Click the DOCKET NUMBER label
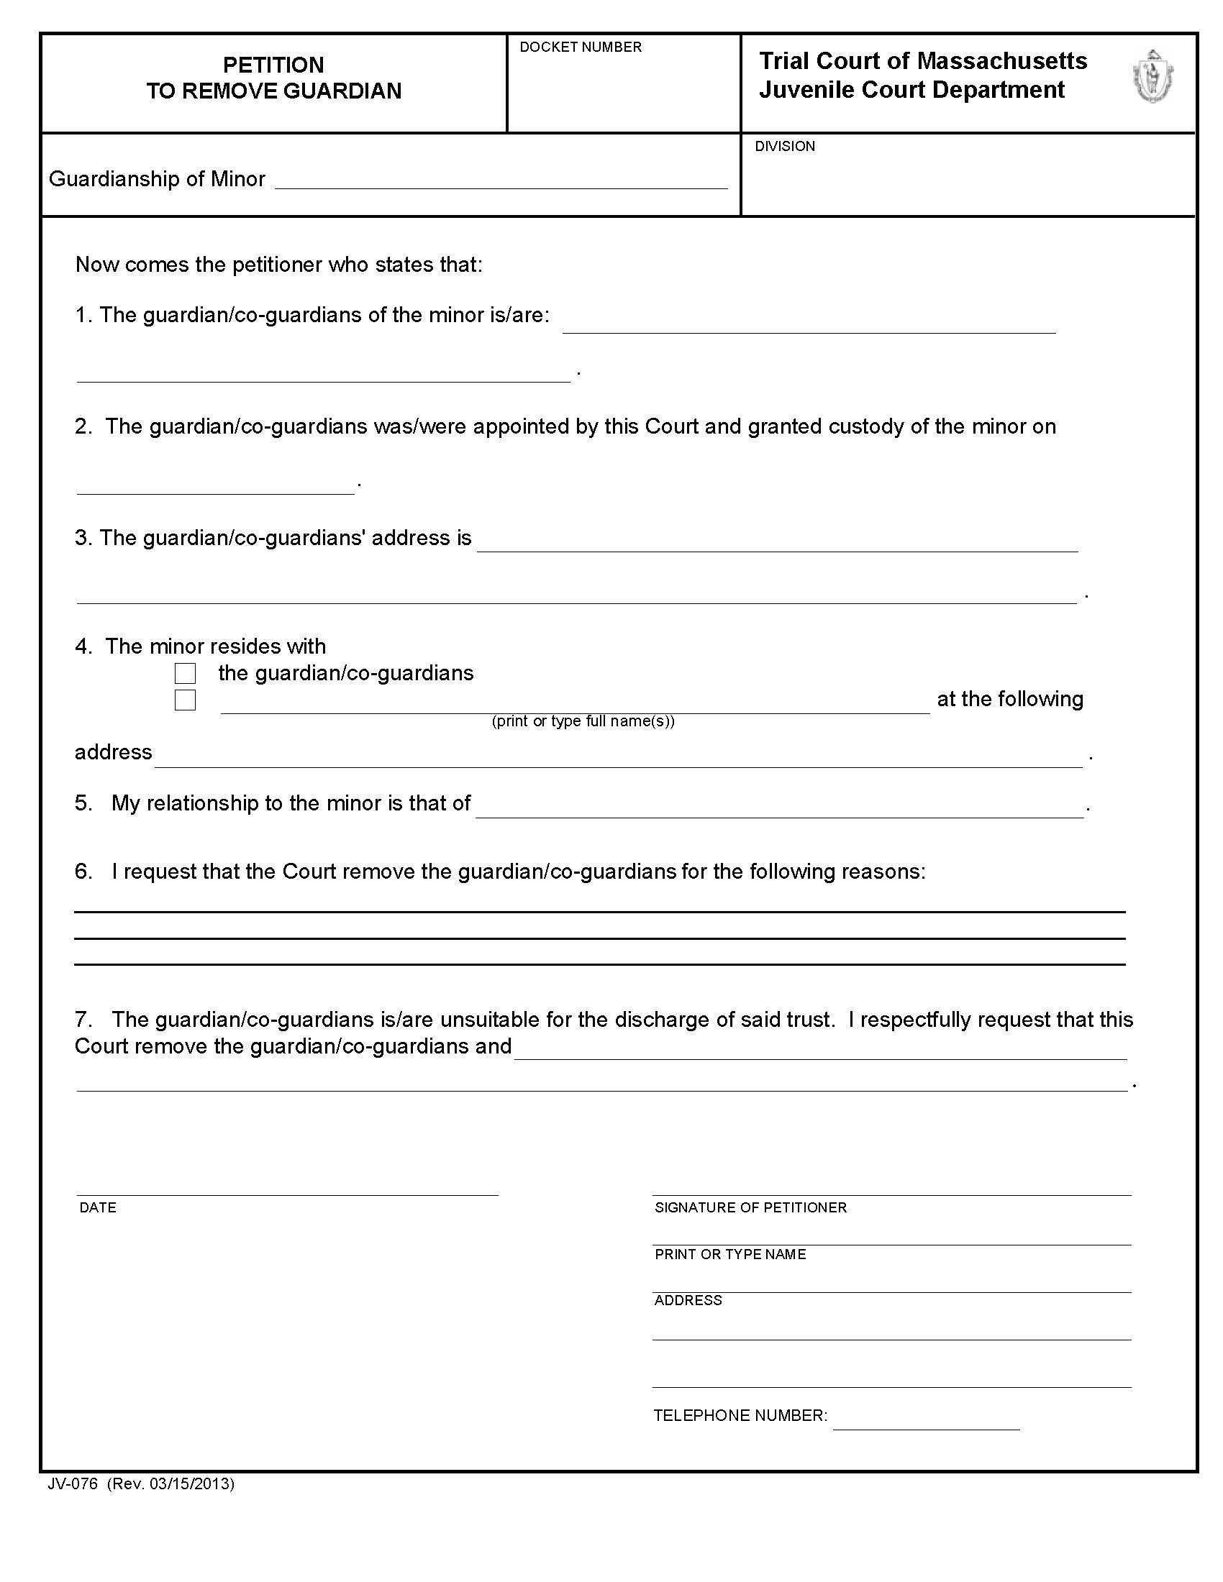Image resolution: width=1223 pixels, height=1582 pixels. click(x=581, y=47)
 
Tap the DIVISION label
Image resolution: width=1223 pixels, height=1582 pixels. click(x=785, y=146)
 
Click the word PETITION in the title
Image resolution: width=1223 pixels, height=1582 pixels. click(x=273, y=65)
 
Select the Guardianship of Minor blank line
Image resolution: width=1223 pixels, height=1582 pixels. click(x=501, y=181)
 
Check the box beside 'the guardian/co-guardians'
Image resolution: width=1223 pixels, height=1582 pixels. click(x=186, y=674)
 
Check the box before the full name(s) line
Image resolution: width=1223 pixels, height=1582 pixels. click(x=186, y=700)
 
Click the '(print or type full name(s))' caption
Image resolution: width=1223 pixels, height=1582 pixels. click(x=583, y=721)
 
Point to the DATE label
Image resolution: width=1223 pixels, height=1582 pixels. click(x=98, y=1207)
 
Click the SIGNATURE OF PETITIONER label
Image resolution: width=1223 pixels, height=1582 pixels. click(x=750, y=1207)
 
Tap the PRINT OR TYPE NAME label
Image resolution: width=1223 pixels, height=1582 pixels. click(x=729, y=1255)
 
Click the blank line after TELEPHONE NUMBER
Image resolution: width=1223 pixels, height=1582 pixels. click(x=926, y=1423)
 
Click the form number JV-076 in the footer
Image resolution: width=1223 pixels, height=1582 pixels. click(x=73, y=1483)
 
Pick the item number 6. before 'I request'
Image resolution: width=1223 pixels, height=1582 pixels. click(x=83, y=872)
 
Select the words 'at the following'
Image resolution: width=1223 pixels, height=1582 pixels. click(x=1010, y=699)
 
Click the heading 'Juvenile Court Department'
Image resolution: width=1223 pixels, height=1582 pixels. click(x=911, y=90)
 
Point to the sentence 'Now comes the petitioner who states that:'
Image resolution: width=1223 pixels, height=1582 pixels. click(x=279, y=265)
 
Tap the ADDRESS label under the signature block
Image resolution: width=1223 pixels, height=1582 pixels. click(x=688, y=1301)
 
